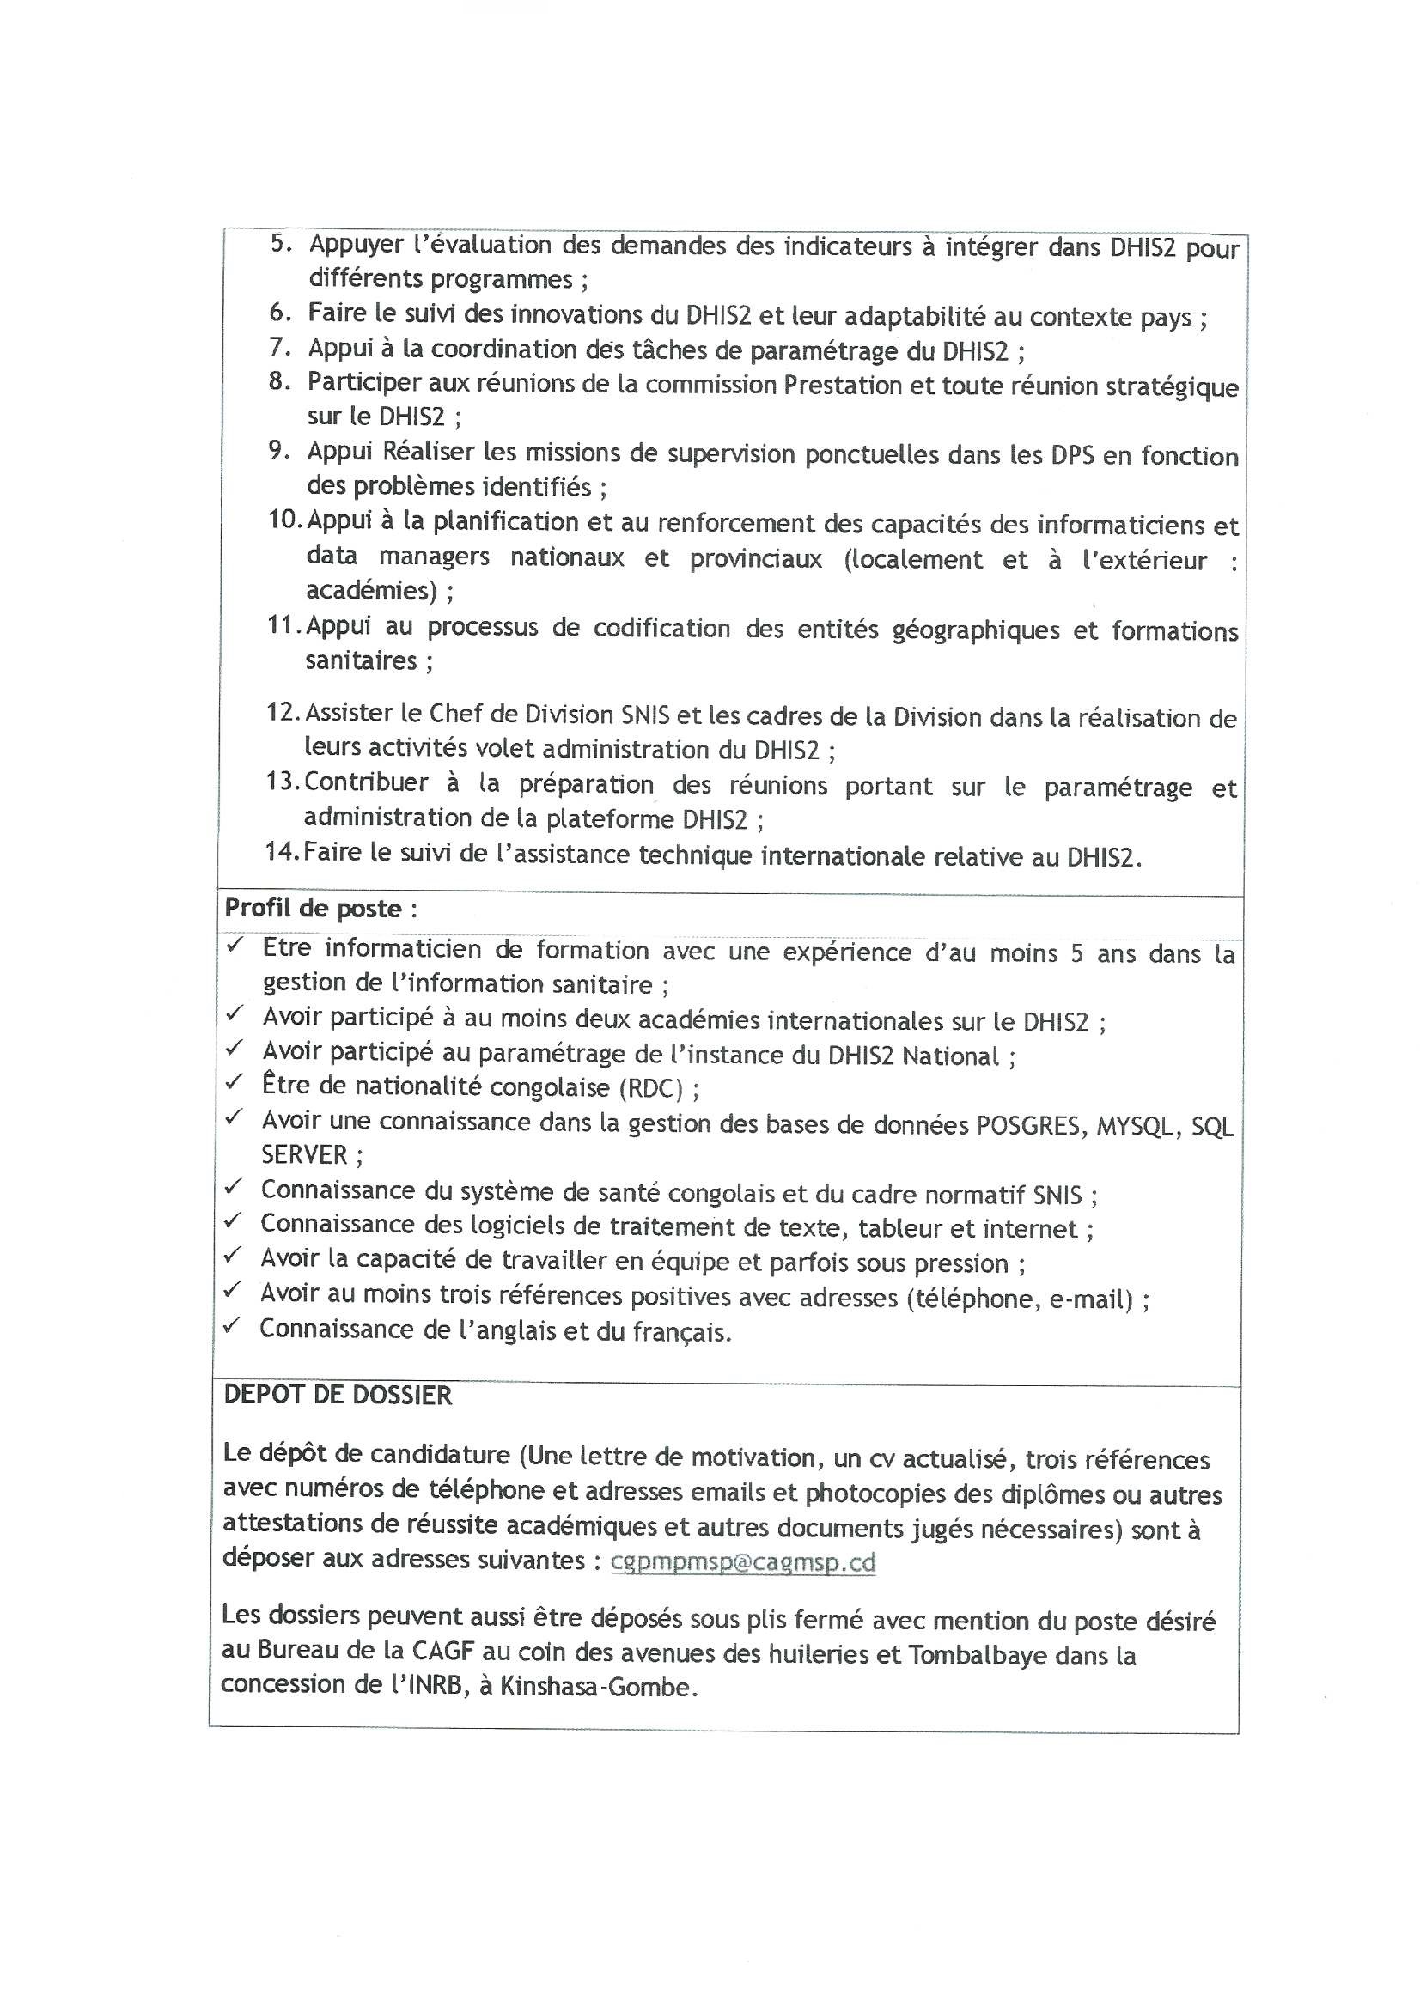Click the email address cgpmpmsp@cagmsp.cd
[x=743, y=1562]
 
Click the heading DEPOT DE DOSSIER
[x=338, y=1395]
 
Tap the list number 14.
[x=282, y=851]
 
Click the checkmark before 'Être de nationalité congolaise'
[x=234, y=1083]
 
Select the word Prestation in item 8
[x=842, y=385]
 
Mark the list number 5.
[x=280, y=243]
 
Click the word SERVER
[x=303, y=1155]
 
